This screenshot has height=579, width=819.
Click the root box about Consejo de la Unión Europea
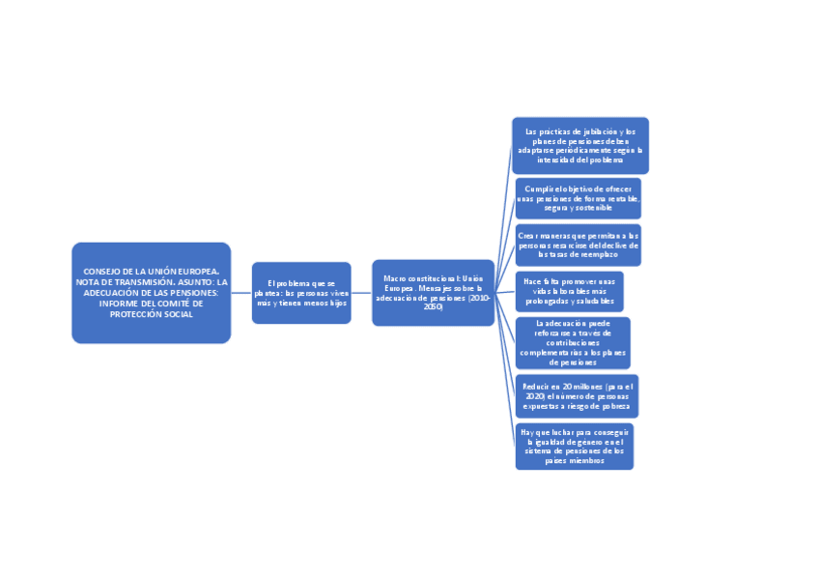[151, 293]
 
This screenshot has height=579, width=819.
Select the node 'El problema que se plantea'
[301, 293]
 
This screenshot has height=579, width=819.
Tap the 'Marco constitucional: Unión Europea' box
[433, 293]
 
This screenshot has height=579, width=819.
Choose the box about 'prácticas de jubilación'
[579, 146]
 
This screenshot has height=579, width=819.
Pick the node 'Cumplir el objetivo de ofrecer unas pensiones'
[578, 198]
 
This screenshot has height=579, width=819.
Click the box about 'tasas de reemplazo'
[578, 246]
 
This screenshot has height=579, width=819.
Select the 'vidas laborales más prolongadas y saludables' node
[569, 291]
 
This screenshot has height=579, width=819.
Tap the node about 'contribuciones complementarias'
[573, 342]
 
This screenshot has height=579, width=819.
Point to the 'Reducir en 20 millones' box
[576, 396]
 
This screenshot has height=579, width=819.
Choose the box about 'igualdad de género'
[574, 446]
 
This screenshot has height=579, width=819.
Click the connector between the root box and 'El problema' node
[241, 293]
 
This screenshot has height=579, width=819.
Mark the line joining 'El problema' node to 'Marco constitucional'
[361, 293]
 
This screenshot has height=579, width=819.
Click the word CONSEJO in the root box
[103, 272]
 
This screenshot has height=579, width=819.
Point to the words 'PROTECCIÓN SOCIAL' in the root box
[151, 314]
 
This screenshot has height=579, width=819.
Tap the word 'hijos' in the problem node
[336, 304]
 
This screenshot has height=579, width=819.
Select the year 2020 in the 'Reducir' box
[535, 396]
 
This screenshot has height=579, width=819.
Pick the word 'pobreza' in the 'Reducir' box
[608, 406]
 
